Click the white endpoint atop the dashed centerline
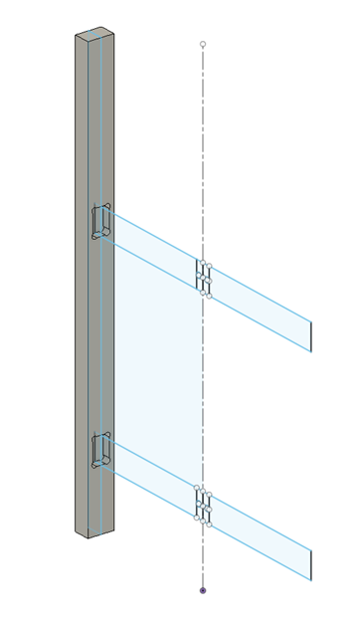point(203,44)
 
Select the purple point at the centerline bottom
point(203,590)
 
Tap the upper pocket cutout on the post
point(101,221)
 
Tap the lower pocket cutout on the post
point(100,449)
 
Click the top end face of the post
point(94,38)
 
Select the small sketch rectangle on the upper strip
point(204,279)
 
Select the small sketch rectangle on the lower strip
point(203,505)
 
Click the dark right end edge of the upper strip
point(311,335)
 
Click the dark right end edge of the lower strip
point(311,564)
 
